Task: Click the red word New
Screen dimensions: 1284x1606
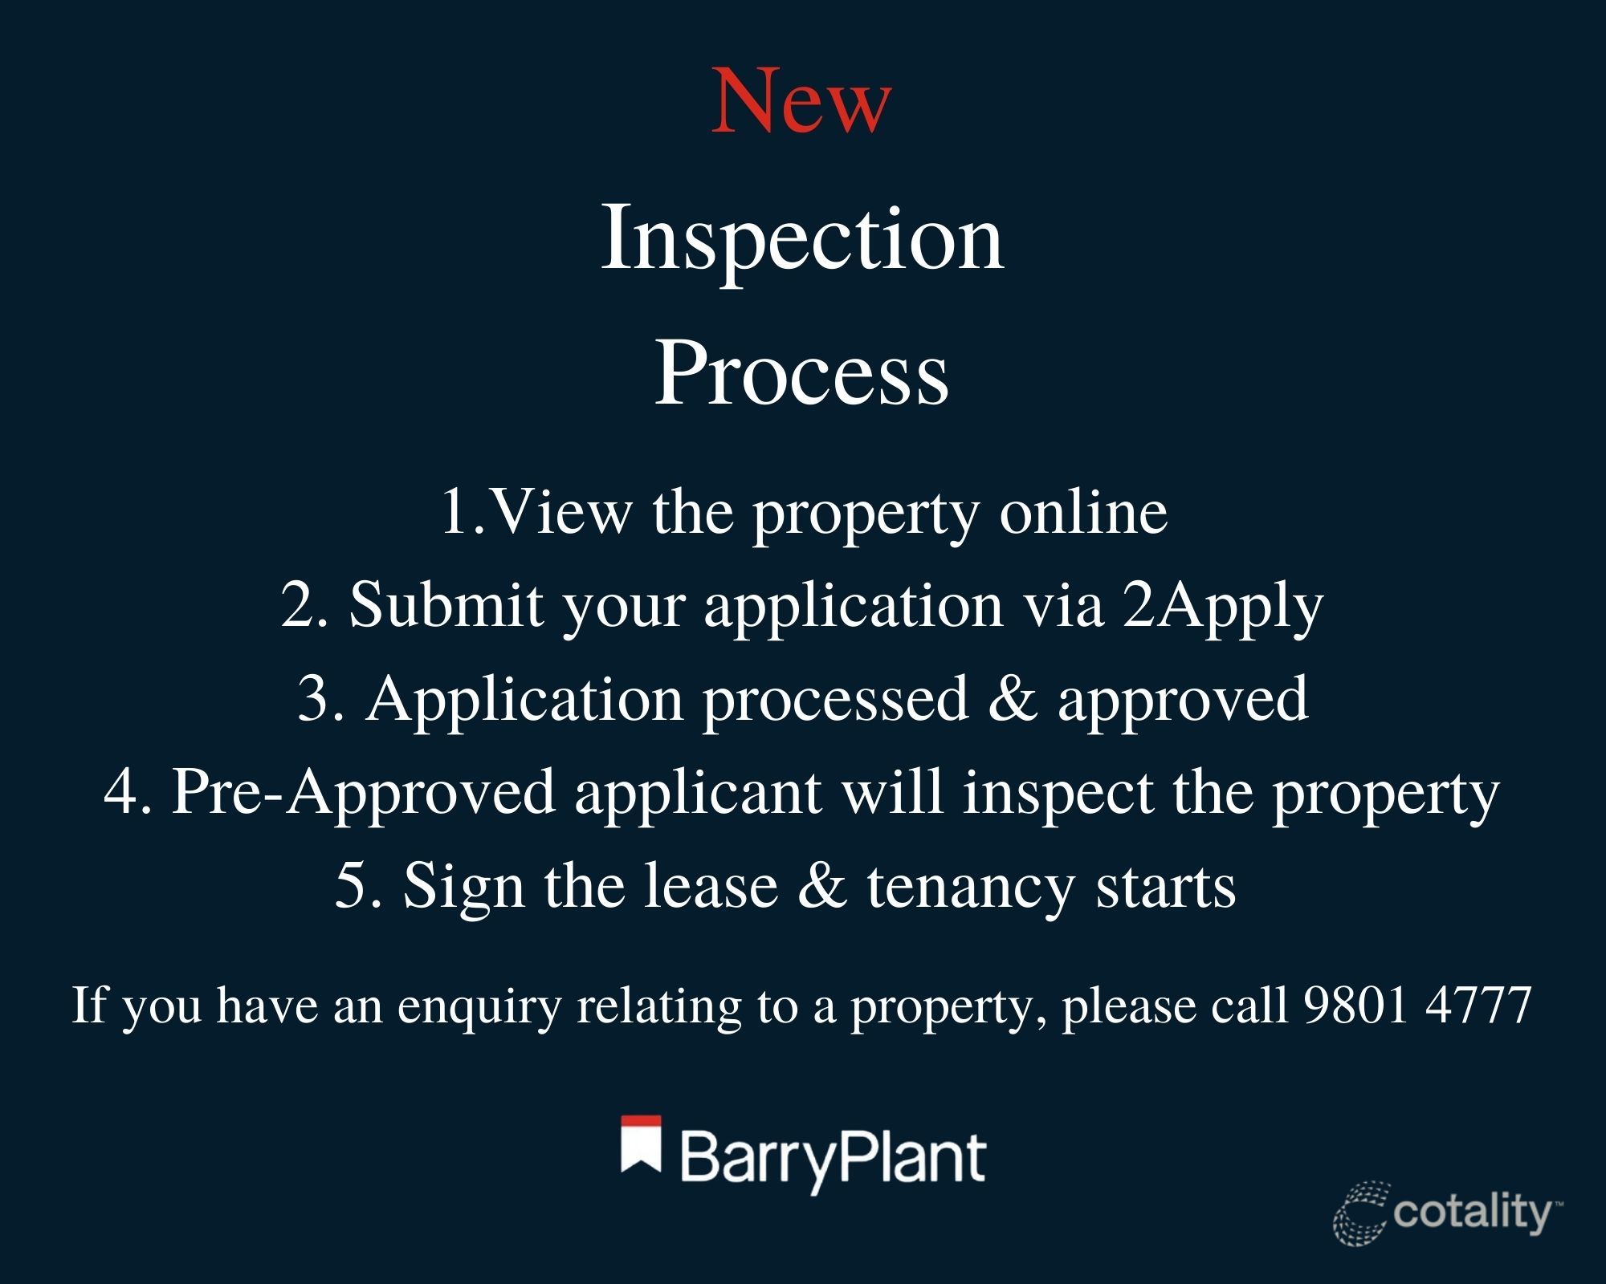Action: coord(801,102)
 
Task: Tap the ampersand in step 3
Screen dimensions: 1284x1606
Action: coord(1013,698)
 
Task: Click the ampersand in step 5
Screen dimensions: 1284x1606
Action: coord(822,887)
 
